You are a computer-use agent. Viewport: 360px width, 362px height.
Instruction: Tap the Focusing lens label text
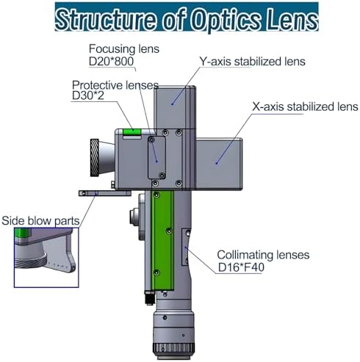click(x=124, y=48)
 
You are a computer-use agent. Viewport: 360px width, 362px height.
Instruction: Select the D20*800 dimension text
click(x=111, y=61)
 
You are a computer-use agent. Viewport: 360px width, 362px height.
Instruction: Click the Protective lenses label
click(x=115, y=85)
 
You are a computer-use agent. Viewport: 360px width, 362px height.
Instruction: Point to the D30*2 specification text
click(x=88, y=95)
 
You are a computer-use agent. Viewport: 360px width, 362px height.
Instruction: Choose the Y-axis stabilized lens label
click(x=253, y=61)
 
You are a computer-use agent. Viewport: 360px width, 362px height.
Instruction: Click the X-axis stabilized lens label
click(x=305, y=106)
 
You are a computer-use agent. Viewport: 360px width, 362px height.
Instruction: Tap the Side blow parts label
click(x=40, y=221)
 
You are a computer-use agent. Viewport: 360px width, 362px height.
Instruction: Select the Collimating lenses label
click(x=263, y=255)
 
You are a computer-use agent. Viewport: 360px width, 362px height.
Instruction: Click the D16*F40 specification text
click(x=241, y=267)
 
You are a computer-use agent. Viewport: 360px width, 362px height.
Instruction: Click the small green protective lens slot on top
click(x=132, y=132)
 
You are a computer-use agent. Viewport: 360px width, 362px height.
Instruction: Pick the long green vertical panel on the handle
click(x=163, y=240)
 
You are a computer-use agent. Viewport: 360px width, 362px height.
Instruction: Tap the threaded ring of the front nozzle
click(x=95, y=157)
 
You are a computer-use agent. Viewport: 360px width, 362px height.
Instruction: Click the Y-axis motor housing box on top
click(x=175, y=107)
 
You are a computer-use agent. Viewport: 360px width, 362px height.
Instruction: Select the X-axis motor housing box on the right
click(x=219, y=164)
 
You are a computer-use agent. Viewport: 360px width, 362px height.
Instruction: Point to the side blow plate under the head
click(x=105, y=193)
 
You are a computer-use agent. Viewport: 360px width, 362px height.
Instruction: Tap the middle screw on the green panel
click(x=169, y=231)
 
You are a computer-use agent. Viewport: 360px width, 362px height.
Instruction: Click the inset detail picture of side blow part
click(x=46, y=258)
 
